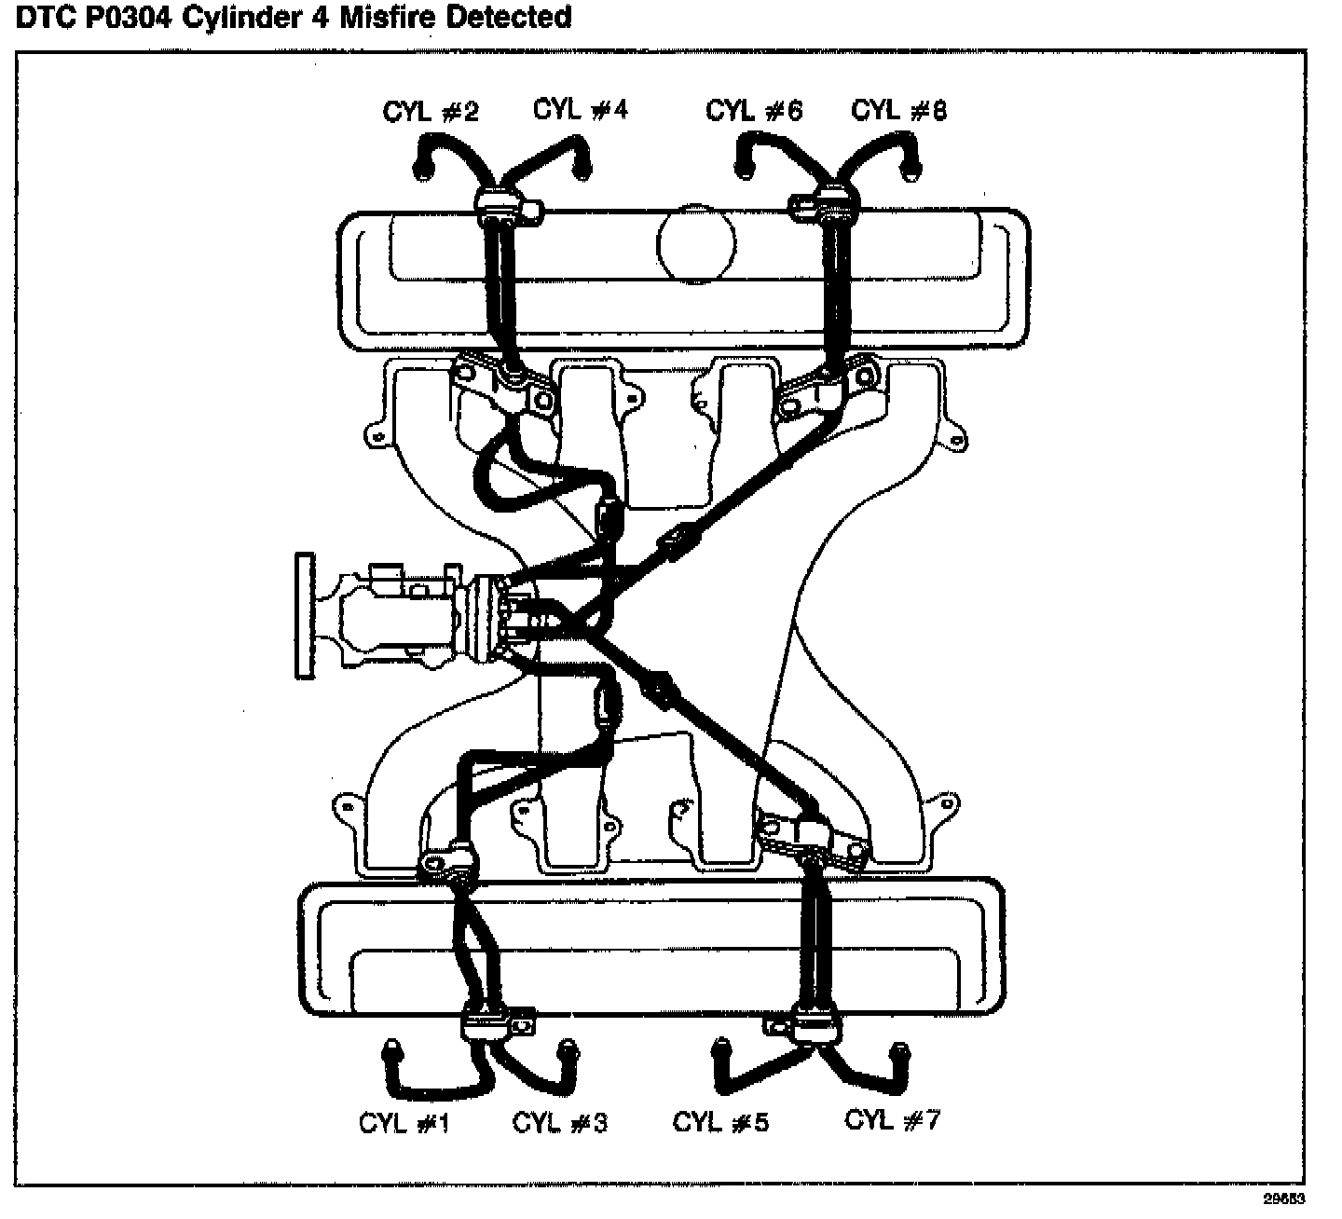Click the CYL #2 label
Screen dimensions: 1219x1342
tap(431, 113)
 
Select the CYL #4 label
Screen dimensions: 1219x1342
tap(580, 110)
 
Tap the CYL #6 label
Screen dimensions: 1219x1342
tap(753, 112)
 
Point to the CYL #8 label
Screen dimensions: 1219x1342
tap(898, 111)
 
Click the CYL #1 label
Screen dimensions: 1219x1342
tap(404, 1124)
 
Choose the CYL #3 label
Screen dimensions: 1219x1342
tap(559, 1123)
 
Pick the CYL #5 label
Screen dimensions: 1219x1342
tap(720, 1122)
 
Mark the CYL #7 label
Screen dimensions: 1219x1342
tap(892, 1119)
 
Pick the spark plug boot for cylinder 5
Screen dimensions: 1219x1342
tap(720, 1050)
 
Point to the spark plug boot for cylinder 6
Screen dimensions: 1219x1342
tap(746, 170)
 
